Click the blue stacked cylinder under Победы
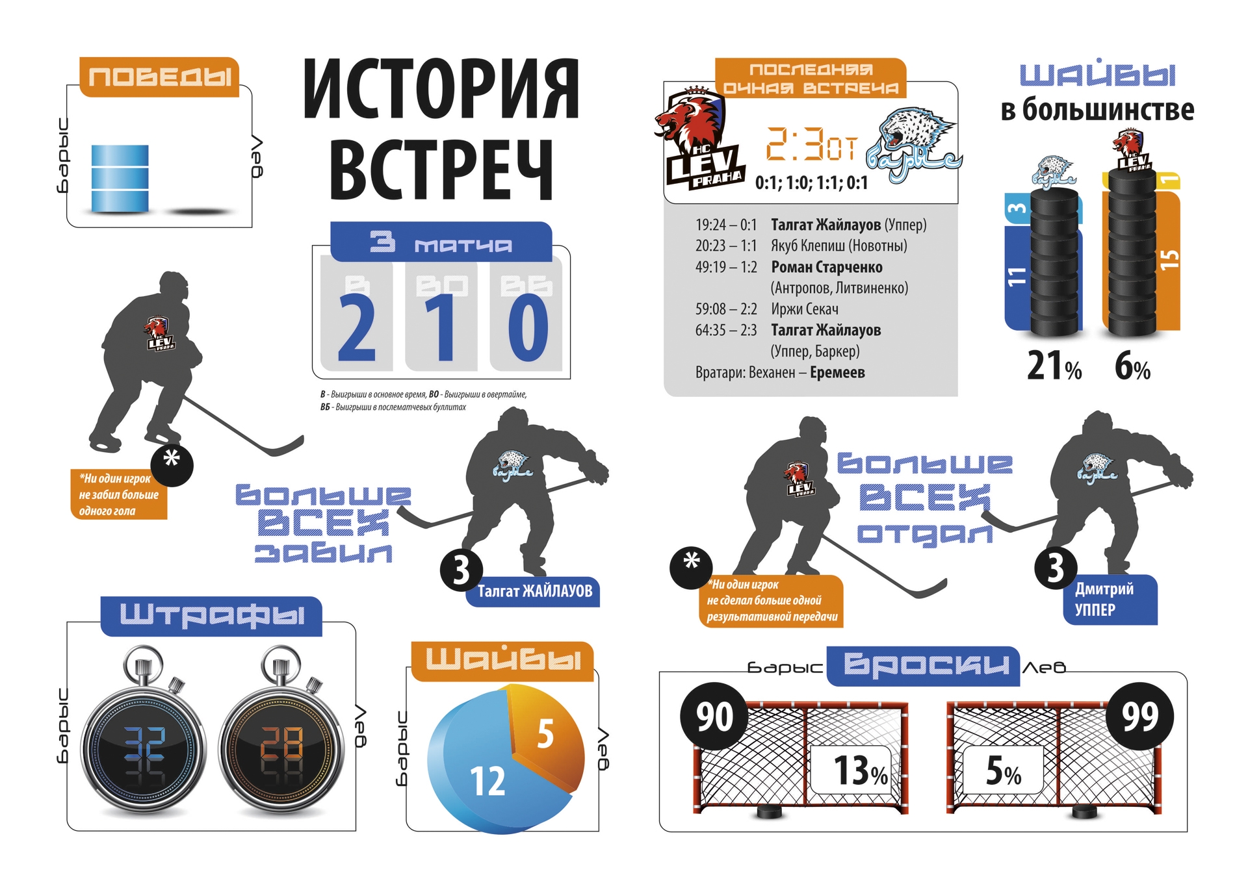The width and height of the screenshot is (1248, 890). click(x=120, y=178)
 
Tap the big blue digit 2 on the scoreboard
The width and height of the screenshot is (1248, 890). click(x=357, y=327)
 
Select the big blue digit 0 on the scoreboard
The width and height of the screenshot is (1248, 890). click(x=527, y=327)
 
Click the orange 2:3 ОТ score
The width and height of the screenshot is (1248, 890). click(x=811, y=144)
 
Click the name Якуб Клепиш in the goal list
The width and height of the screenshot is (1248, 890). click(x=800, y=246)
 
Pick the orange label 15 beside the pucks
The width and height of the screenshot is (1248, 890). click(x=1169, y=260)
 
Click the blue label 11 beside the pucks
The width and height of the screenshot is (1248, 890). click(x=1016, y=276)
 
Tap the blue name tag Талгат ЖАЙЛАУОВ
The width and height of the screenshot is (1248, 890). click(x=534, y=591)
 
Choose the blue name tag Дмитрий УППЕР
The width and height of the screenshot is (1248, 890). click(x=1108, y=599)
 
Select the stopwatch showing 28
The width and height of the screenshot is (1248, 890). click(x=281, y=747)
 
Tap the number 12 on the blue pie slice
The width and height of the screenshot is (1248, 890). click(x=487, y=781)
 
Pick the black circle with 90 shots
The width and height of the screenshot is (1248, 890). click(x=714, y=717)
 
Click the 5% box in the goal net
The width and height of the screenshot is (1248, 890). click(x=1003, y=770)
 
